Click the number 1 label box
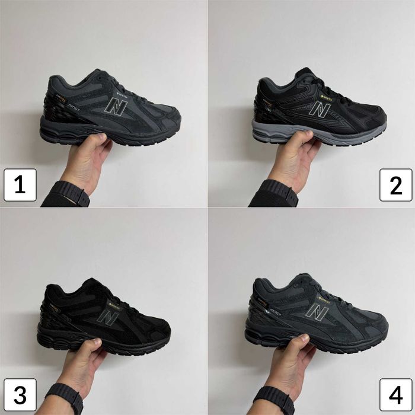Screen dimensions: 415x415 click(20, 185)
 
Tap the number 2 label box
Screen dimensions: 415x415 click(395, 185)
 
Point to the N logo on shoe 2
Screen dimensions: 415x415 click(321, 108)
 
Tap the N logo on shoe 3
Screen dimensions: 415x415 click(108, 317)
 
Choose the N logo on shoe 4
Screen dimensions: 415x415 click(317, 312)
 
